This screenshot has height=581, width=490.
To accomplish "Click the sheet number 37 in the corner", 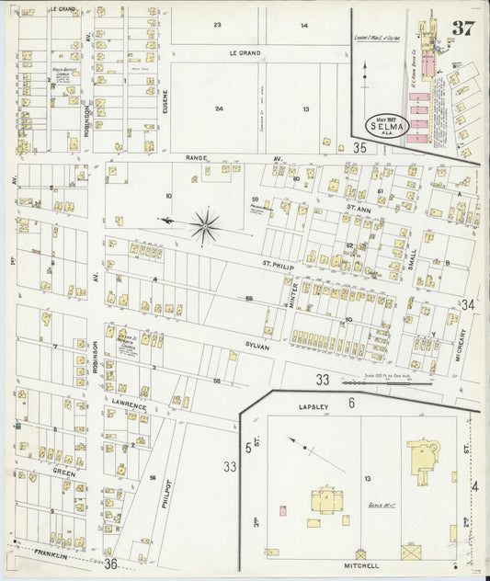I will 462,26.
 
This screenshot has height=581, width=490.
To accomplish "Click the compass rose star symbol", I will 205,223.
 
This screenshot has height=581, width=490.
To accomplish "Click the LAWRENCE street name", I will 130,405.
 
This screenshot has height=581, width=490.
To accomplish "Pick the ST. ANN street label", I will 358,210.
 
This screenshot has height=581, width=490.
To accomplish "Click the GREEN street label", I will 63,472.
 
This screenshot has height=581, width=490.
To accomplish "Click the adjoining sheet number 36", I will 111,563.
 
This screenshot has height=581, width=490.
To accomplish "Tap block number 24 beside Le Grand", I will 218,108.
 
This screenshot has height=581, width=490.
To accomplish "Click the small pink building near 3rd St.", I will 282,509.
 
